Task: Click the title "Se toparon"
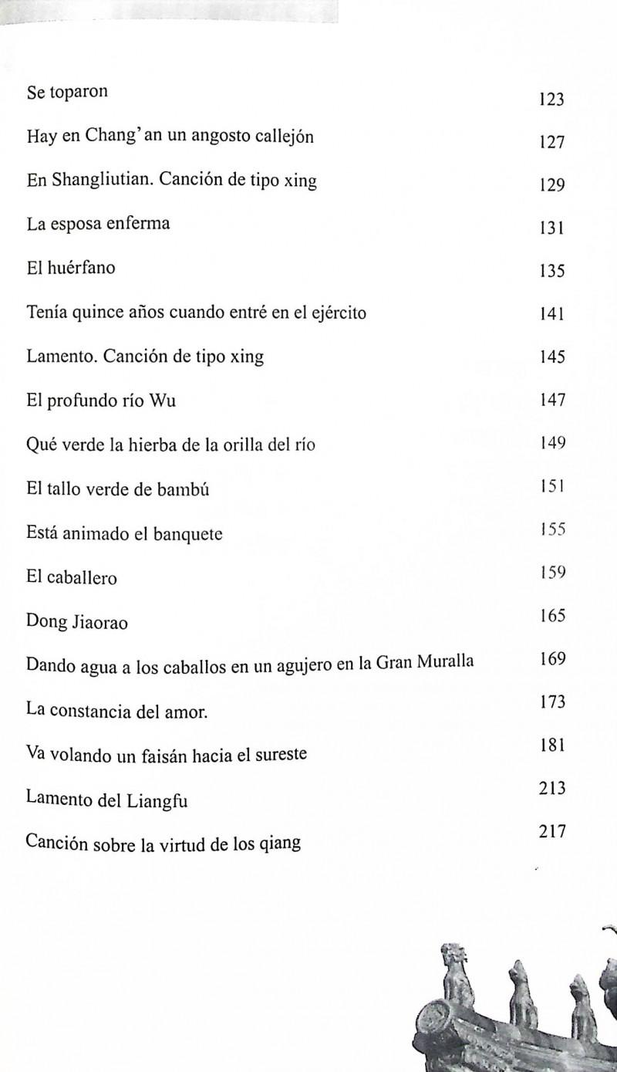[x=67, y=93]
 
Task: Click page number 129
[x=552, y=185]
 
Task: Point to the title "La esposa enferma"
[x=98, y=225]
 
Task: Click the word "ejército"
[x=336, y=313]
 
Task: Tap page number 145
[x=552, y=357]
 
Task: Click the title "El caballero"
[x=72, y=577]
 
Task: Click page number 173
[x=552, y=702]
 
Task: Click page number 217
[x=552, y=832]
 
